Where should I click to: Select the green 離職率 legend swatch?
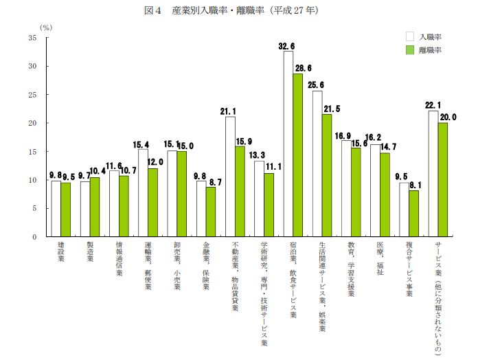(410, 50)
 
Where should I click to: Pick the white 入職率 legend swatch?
(410, 36)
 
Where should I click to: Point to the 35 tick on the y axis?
(32, 38)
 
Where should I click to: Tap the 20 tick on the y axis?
(32, 123)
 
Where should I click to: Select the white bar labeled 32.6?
(288, 144)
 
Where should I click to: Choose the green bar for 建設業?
(66, 210)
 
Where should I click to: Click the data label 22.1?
(433, 105)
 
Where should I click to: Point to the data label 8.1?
(414, 185)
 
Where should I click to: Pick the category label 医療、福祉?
(379, 259)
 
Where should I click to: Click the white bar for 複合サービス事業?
(404, 210)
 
